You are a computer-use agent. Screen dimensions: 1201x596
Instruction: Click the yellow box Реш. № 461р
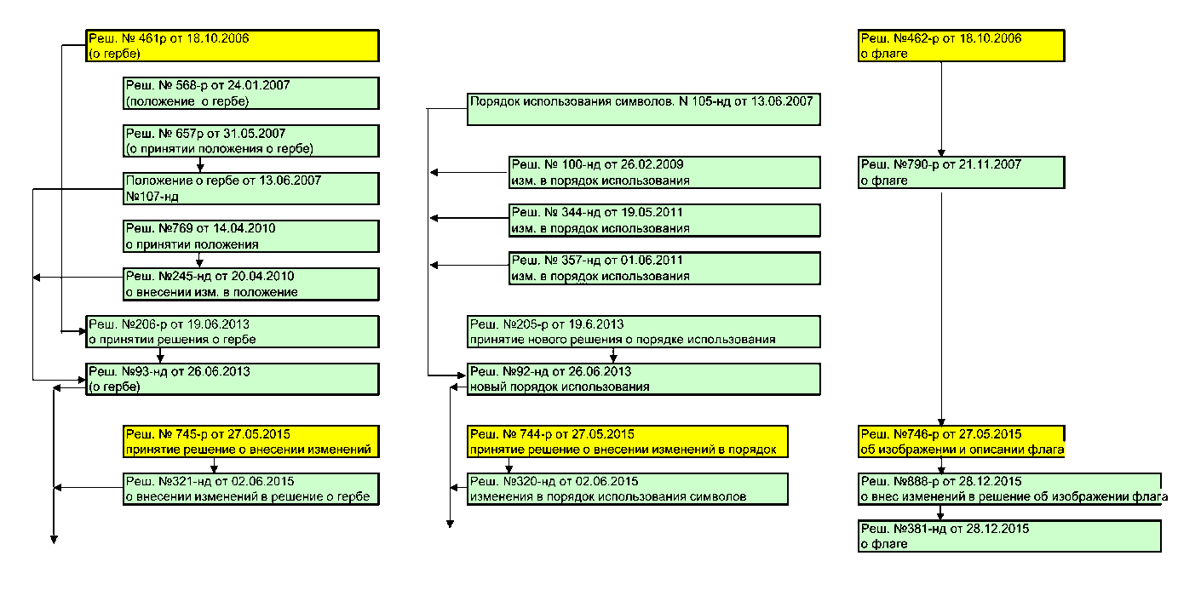click(233, 46)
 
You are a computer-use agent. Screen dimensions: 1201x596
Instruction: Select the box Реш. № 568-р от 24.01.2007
click(251, 94)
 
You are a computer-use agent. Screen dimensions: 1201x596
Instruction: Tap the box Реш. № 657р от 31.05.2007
click(251, 141)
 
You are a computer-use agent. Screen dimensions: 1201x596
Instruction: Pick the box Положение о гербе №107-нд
click(251, 189)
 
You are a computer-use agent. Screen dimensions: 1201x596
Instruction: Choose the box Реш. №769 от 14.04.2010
click(251, 237)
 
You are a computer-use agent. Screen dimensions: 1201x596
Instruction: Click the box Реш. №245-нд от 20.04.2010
click(251, 284)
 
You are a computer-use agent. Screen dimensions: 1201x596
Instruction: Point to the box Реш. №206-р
click(233, 332)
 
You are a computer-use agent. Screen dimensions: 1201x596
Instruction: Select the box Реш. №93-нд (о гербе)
click(233, 380)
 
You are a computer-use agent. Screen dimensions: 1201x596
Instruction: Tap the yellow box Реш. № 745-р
click(251, 442)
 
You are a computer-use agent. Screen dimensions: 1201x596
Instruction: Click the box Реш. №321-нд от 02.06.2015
click(251, 489)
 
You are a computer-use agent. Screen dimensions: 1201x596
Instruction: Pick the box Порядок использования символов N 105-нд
click(643, 109)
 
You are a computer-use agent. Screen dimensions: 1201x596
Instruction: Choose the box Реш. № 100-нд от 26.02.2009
click(664, 173)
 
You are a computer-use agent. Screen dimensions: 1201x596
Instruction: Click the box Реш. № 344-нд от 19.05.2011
click(664, 221)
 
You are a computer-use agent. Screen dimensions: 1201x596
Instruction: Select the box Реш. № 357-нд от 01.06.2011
click(664, 268)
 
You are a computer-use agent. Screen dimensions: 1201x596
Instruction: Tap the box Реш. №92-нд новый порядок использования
click(643, 380)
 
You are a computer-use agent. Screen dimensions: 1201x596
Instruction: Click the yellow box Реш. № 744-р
click(627, 442)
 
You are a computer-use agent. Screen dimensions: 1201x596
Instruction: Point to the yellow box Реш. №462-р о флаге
click(962, 46)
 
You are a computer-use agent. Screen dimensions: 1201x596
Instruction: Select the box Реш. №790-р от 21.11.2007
click(962, 173)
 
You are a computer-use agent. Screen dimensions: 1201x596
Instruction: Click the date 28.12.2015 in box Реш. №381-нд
click(997, 529)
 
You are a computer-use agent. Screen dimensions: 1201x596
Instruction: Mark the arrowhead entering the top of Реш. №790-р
click(941, 152)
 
